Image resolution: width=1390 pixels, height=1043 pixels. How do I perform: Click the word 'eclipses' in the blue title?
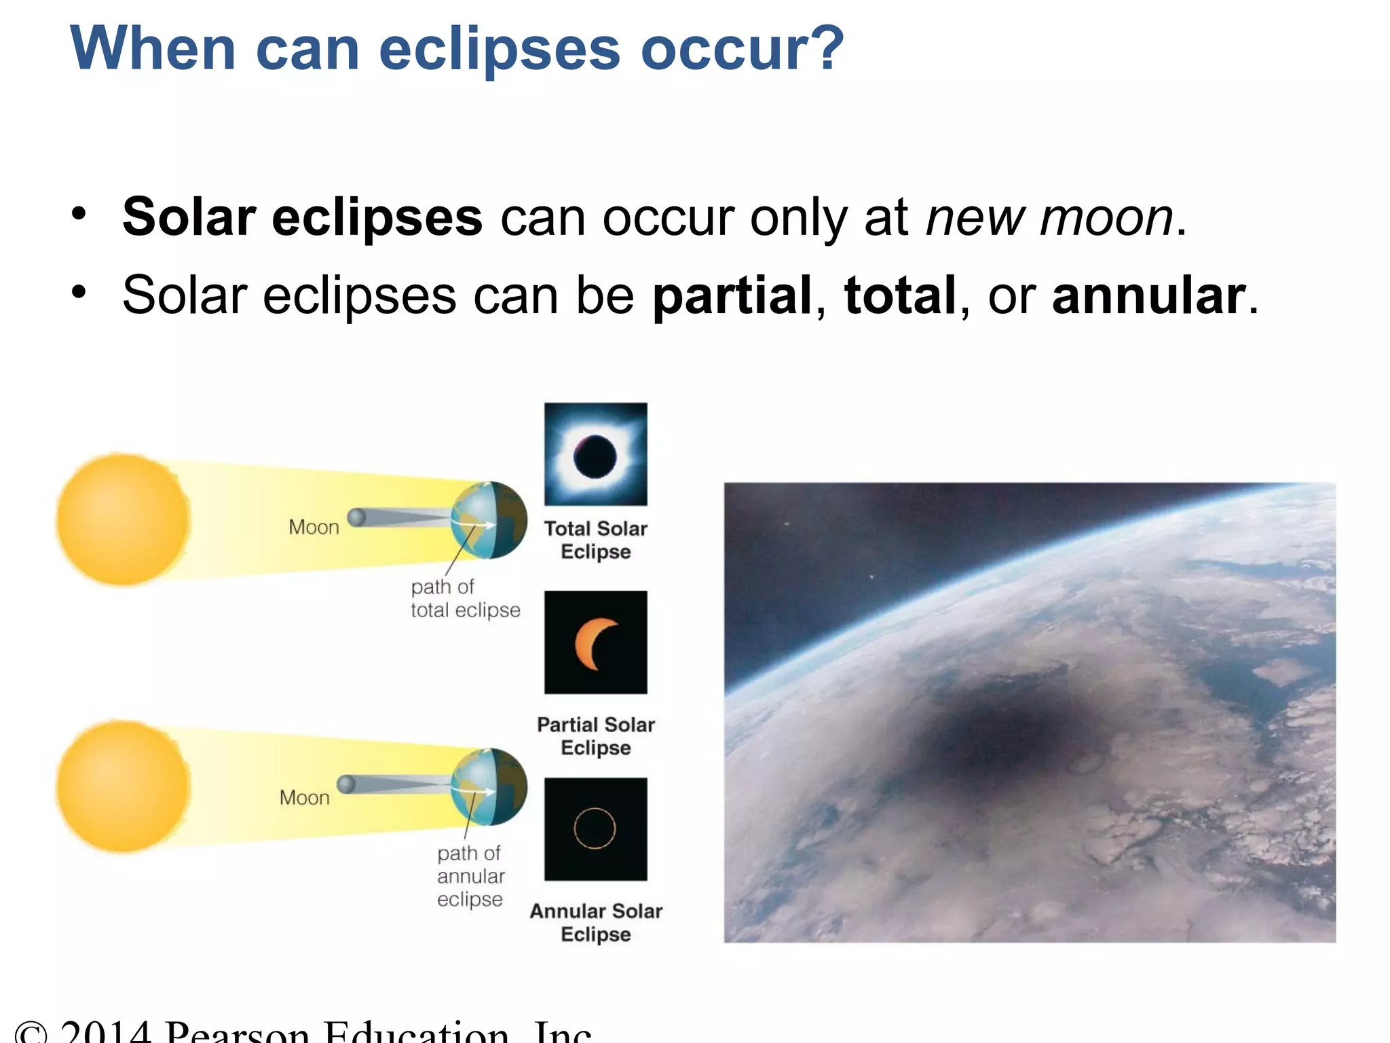click(x=500, y=49)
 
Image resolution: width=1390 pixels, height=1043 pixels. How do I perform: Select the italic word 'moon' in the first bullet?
click(x=1106, y=218)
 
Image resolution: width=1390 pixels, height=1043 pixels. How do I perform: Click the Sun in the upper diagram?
click(x=123, y=519)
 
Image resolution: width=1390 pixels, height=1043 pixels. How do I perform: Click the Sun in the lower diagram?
click(x=123, y=786)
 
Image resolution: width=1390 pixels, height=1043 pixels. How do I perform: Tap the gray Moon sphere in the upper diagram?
click(x=356, y=517)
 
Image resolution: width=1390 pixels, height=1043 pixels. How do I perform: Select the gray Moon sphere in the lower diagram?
click(x=346, y=784)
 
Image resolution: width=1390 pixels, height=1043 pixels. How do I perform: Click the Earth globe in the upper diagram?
click(x=489, y=520)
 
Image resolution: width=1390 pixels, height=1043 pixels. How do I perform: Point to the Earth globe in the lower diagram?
click(x=489, y=786)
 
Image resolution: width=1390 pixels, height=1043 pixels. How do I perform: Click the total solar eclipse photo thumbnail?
click(x=595, y=454)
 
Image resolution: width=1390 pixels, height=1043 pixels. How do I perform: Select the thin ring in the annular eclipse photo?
click(x=595, y=828)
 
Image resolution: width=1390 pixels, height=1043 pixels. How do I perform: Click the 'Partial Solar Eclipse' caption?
click(x=595, y=736)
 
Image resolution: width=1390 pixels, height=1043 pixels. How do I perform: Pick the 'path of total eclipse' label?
click(x=465, y=598)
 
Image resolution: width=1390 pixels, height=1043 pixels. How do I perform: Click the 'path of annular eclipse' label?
click(x=470, y=876)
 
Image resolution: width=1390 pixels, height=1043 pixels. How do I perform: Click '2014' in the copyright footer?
click(x=105, y=1032)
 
